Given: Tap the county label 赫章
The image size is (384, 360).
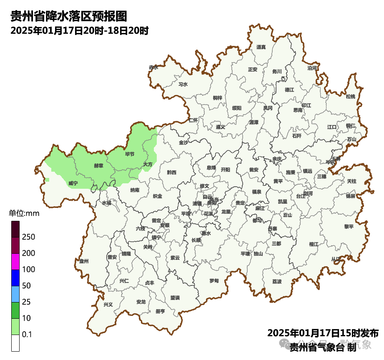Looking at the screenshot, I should coord(98,165).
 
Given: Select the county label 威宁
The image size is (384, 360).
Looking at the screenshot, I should coord(73,183).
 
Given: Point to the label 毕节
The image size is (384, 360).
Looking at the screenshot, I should coord(130,154).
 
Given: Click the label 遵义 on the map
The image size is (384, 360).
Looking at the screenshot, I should coord(220,127).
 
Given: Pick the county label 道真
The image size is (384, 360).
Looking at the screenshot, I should coord(261,47).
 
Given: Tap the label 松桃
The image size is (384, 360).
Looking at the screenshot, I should coord(350,97).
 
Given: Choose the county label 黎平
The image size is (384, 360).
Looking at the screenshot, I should coord(349,227).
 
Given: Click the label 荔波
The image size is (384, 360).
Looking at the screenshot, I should coord(277,282).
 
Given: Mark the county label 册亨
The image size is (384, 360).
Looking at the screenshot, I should coord(160,311).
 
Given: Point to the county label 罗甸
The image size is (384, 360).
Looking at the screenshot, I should coord(214,281).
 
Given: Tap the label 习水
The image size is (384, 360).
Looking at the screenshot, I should coord(183,84).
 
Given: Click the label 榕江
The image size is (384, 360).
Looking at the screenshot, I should coord(314,244).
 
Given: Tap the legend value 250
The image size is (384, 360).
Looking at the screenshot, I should coord(29,237).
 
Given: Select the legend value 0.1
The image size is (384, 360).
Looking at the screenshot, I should coord(27,335).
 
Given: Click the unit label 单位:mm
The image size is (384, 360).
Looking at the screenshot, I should coord(24,214).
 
